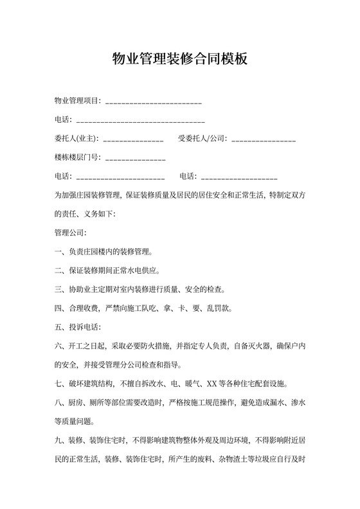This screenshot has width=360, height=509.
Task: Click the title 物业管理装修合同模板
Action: [x=179, y=60]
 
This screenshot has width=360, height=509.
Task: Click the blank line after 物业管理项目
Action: [x=153, y=102]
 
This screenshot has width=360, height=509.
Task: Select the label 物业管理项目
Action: [x=76, y=101]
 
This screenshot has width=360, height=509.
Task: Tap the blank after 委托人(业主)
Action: [x=133, y=139]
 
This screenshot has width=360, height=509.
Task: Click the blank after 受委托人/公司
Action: [x=264, y=139]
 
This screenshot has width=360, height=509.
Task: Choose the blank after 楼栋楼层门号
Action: [x=135, y=158]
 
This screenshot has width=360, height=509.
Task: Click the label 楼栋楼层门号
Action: [x=76, y=157]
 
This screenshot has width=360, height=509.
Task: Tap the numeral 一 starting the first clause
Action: [x=59, y=251]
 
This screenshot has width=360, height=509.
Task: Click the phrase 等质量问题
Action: [x=74, y=422]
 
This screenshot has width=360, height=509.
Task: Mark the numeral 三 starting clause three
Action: [x=59, y=289]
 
